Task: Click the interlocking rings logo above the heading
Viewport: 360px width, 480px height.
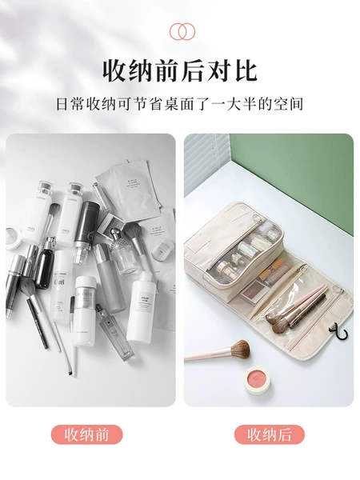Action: click(182, 31)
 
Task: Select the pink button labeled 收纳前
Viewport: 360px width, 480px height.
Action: click(86, 434)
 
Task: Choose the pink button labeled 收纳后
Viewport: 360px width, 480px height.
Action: click(270, 434)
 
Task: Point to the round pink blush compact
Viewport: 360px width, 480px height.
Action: click(257, 381)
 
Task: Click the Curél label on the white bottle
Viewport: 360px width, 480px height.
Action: click(59, 282)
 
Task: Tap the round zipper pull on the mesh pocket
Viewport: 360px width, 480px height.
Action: click(256, 218)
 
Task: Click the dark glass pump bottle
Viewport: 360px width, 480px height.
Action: click(45, 262)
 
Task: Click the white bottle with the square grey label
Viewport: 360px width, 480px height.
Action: click(141, 308)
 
